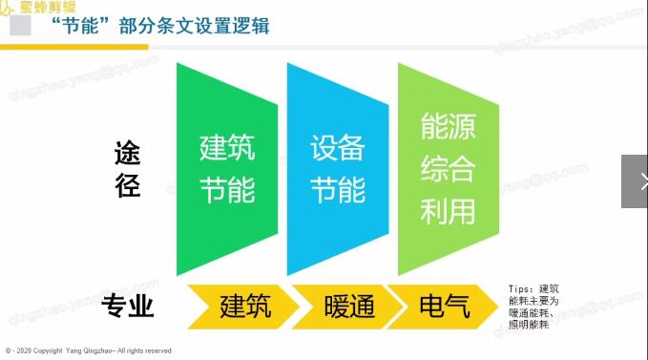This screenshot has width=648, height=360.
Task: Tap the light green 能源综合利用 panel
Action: coord(448,168)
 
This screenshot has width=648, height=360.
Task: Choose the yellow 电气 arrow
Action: coord(445,307)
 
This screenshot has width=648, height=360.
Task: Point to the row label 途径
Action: coord(127,169)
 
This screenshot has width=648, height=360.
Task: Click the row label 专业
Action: coord(127,307)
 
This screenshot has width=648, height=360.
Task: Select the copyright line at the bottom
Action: coord(88,350)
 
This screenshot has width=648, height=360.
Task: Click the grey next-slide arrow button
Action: coord(635,181)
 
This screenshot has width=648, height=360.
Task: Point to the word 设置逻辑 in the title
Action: coord(235,26)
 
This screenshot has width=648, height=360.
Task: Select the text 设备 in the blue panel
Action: coord(338,149)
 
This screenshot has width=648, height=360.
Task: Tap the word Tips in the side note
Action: coord(522,288)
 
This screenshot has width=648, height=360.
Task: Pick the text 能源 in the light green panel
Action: coord(448,127)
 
